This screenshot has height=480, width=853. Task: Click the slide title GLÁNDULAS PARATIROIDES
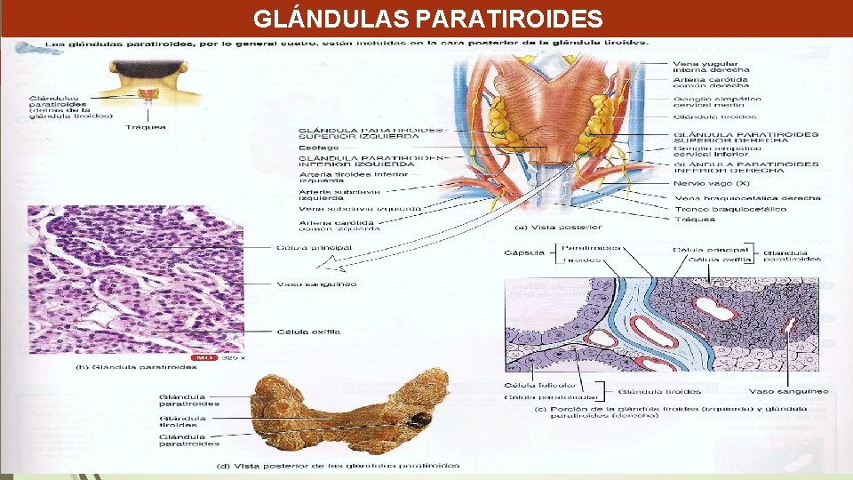click(x=427, y=18)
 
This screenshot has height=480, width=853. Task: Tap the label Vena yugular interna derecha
click(x=711, y=66)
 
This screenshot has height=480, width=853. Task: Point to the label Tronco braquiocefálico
click(x=718, y=209)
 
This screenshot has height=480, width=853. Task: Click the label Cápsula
click(x=524, y=252)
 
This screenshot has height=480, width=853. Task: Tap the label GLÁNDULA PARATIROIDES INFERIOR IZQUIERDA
click(x=369, y=161)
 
